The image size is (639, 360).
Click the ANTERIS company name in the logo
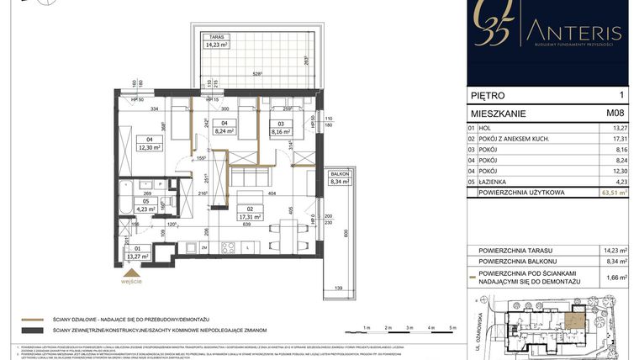tap(577, 33)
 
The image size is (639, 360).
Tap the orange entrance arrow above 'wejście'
tap(129, 272)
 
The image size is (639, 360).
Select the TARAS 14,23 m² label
tap(212, 44)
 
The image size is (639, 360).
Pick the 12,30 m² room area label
tap(150, 148)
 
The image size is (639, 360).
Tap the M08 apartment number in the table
tap(615, 111)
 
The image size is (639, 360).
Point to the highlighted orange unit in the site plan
tap(574, 319)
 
